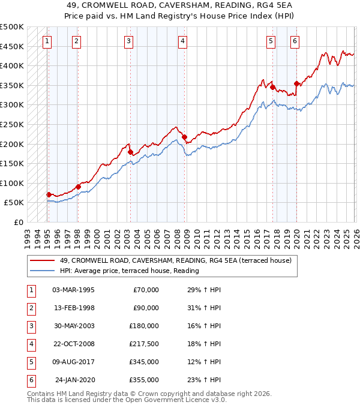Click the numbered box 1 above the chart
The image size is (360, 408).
(x=47, y=41)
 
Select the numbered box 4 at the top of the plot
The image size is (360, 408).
(x=182, y=41)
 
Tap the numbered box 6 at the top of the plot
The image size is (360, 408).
(x=295, y=41)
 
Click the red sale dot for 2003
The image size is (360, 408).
(x=130, y=152)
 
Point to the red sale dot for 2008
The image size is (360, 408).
(x=184, y=137)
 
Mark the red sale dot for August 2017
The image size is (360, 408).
(x=272, y=87)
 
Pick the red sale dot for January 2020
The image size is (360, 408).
(x=296, y=83)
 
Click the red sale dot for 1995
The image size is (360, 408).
(x=49, y=194)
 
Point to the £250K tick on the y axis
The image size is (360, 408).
(x=12, y=124)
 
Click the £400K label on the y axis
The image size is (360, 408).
(x=12, y=65)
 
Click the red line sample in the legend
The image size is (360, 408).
(x=43, y=260)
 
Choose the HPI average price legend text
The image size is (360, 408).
(x=129, y=271)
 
